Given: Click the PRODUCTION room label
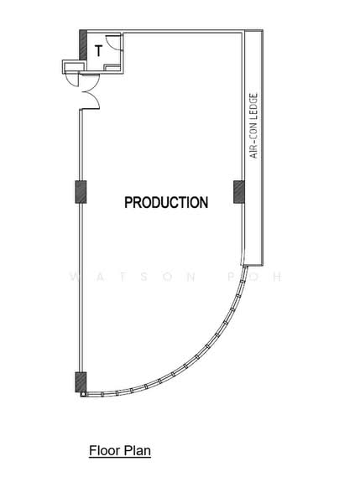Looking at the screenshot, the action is pyautogui.click(x=166, y=202).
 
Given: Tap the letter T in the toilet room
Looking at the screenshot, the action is pyautogui.click(x=98, y=51).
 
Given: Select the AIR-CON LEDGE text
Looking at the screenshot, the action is pyautogui.click(x=254, y=126).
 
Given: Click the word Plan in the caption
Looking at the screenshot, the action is pyautogui.click(x=138, y=451).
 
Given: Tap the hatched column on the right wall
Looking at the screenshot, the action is pyautogui.click(x=238, y=192).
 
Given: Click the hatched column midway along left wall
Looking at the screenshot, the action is pyautogui.click(x=81, y=192).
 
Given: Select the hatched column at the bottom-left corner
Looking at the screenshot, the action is pyautogui.click(x=81, y=381).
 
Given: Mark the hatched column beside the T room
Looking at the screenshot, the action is pyautogui.click(x=83, y=44).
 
